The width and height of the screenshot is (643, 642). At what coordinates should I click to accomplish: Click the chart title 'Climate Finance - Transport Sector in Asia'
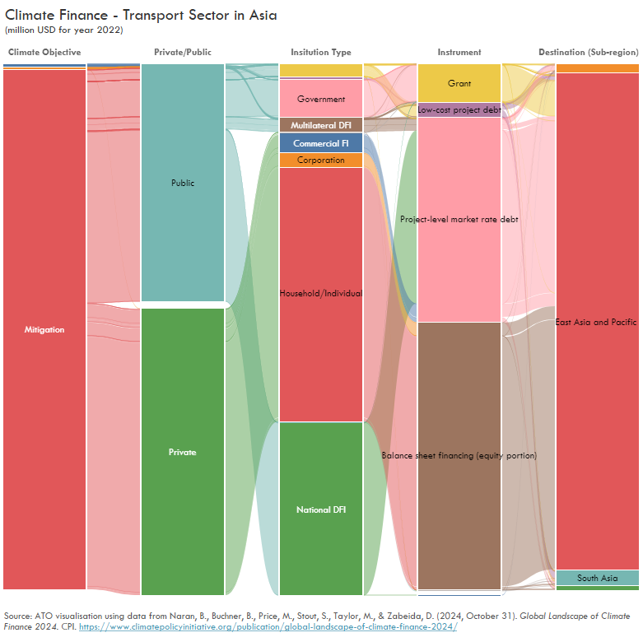[x=141, y=16]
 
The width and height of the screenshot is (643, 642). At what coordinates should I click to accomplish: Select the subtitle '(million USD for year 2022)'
[x=64, y=30]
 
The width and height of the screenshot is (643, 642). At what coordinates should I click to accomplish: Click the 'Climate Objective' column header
[x=44, y=52]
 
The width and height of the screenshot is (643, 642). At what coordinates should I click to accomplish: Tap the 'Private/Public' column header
[x=183, y=52]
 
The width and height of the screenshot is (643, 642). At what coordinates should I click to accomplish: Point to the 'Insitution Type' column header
[x=321, y=52]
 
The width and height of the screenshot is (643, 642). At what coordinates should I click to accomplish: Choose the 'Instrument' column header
[x=459, y=52]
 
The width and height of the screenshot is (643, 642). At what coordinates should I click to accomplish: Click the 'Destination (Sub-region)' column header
[x=589, y=52]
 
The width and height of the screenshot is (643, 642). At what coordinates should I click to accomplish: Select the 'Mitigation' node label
[x=44, y=329]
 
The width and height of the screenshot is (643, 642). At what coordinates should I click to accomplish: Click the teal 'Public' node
[x=183, y=183]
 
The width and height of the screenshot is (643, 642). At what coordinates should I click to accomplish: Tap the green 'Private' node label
[x=183, y=452]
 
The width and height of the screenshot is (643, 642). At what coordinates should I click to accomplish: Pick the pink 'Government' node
[x=321, y=99]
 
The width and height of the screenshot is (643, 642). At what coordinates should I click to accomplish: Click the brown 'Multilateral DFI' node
[x=321, y=125]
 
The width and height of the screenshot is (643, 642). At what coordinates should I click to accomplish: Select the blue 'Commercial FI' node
[x=321, y=143]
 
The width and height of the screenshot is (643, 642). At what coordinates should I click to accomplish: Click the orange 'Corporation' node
[x=321, y=160]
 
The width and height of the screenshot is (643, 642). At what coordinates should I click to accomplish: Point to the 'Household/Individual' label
[x=321, y=293]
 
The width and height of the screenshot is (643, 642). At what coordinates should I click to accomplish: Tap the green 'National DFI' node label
[x=321, y=509]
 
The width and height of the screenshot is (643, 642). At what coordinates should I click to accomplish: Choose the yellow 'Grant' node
[x=459, y=83]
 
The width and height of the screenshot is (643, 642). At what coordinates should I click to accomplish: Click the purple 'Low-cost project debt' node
[x=459, y=109]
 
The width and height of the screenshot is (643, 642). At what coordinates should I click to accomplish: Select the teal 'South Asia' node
[x=597, y=578]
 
